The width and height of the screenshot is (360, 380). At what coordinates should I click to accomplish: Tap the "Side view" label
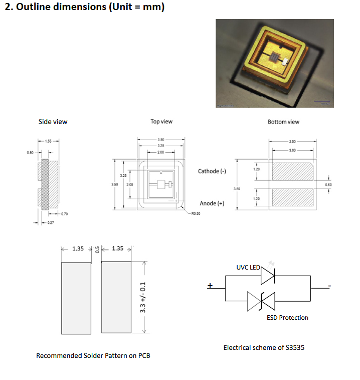(x=53, y=121)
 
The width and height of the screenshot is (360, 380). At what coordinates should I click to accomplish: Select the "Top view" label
(x=161, y=121)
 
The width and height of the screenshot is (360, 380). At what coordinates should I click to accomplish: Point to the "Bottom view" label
(x=284, y=121)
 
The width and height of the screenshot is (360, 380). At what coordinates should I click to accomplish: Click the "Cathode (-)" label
(x=212, y=171)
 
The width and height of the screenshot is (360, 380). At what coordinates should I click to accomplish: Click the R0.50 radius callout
(x=196, y=214)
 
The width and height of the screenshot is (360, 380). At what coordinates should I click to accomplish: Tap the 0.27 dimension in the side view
(x=51, y=222)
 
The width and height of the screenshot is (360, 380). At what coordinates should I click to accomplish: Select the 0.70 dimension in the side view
(x=64, y=214)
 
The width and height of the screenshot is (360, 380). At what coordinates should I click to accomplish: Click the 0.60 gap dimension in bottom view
(x=328, y=185)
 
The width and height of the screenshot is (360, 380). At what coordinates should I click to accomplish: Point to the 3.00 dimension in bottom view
(x=292, y=150)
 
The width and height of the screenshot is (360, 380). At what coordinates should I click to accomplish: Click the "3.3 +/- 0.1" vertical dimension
(x=142, y=297)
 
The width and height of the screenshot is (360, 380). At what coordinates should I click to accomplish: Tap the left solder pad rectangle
(x=76, y=297)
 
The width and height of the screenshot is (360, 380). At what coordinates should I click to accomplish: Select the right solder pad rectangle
(x=116, y=297)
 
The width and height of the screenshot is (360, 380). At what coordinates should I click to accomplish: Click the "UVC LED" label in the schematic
(x=248, y=267)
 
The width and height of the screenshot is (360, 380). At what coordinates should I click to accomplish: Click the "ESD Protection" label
(x=287, y=317)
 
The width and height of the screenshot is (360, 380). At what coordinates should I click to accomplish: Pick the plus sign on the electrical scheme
(x=210, y=286)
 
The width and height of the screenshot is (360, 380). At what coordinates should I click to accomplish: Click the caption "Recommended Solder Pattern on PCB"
(x=93, y=355)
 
